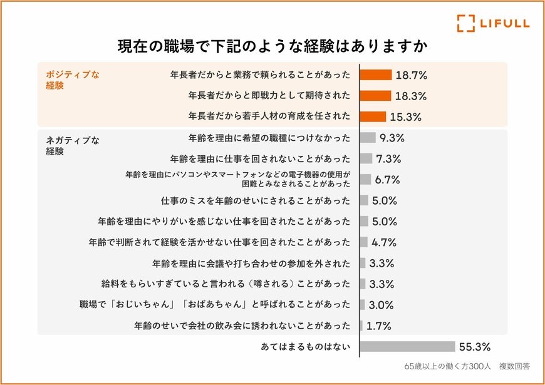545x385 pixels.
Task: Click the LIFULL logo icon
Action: tap(465, 23)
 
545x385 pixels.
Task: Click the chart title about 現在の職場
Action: tap(272, 47)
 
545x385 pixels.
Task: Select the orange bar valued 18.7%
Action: tap(376, 74)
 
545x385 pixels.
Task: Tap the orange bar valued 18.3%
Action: tap(375, 96)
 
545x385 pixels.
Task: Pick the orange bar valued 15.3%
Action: tap(373, 116)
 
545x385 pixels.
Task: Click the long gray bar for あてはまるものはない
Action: tap(407, 346)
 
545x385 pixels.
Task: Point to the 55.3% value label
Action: tap(475, 346)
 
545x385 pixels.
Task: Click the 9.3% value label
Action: tap(392, 138)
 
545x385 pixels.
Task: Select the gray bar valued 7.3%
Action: tap(366, 158)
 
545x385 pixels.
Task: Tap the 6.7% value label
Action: tap(388, 180)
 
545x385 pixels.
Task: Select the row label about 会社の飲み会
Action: tap(242, 326)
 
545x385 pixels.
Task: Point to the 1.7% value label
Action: tap(379, 326)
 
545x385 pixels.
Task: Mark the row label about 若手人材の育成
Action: tap(269, 116)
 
